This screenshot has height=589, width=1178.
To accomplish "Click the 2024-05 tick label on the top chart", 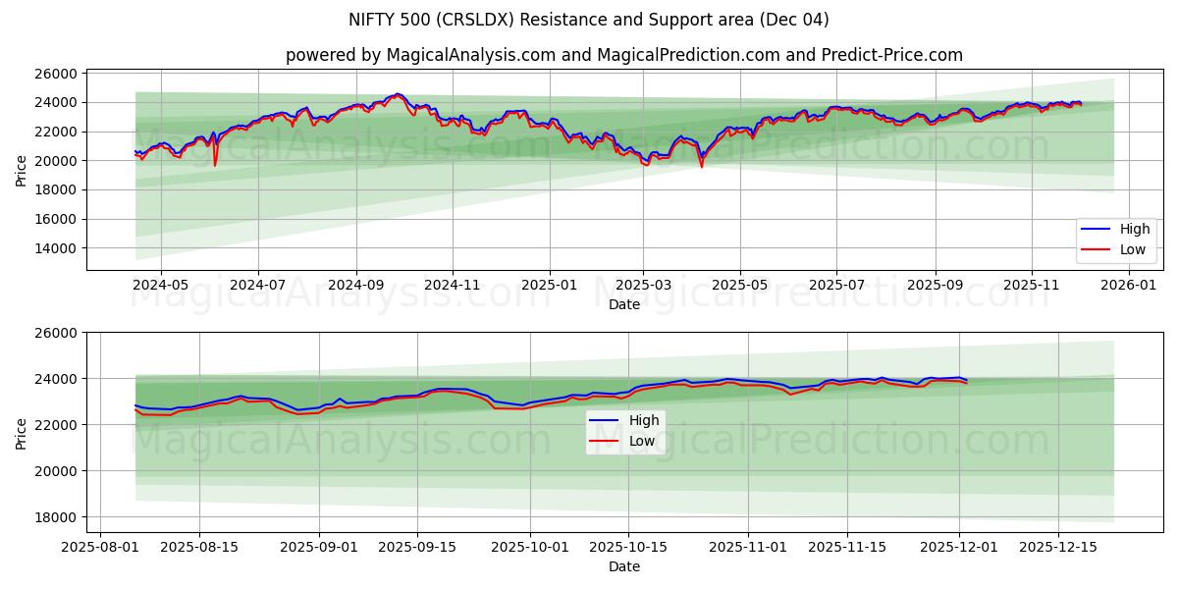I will coord(160,284).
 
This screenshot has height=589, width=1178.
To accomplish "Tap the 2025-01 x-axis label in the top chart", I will coord(549,284).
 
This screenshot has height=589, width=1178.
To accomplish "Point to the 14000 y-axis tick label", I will coord(57,248).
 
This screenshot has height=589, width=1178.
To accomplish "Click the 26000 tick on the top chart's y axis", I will coord(57,74).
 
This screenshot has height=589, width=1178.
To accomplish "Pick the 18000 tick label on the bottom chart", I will coord(57,517).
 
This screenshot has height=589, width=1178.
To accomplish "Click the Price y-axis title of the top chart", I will coord(22,170).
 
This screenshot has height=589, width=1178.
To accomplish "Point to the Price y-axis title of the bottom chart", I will coord(22,433).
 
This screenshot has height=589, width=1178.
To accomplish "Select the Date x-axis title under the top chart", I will coord(624,304).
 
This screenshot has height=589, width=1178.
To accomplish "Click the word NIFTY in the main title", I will coord(372,20).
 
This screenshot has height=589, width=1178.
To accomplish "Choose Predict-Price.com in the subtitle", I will coord(890,55).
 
